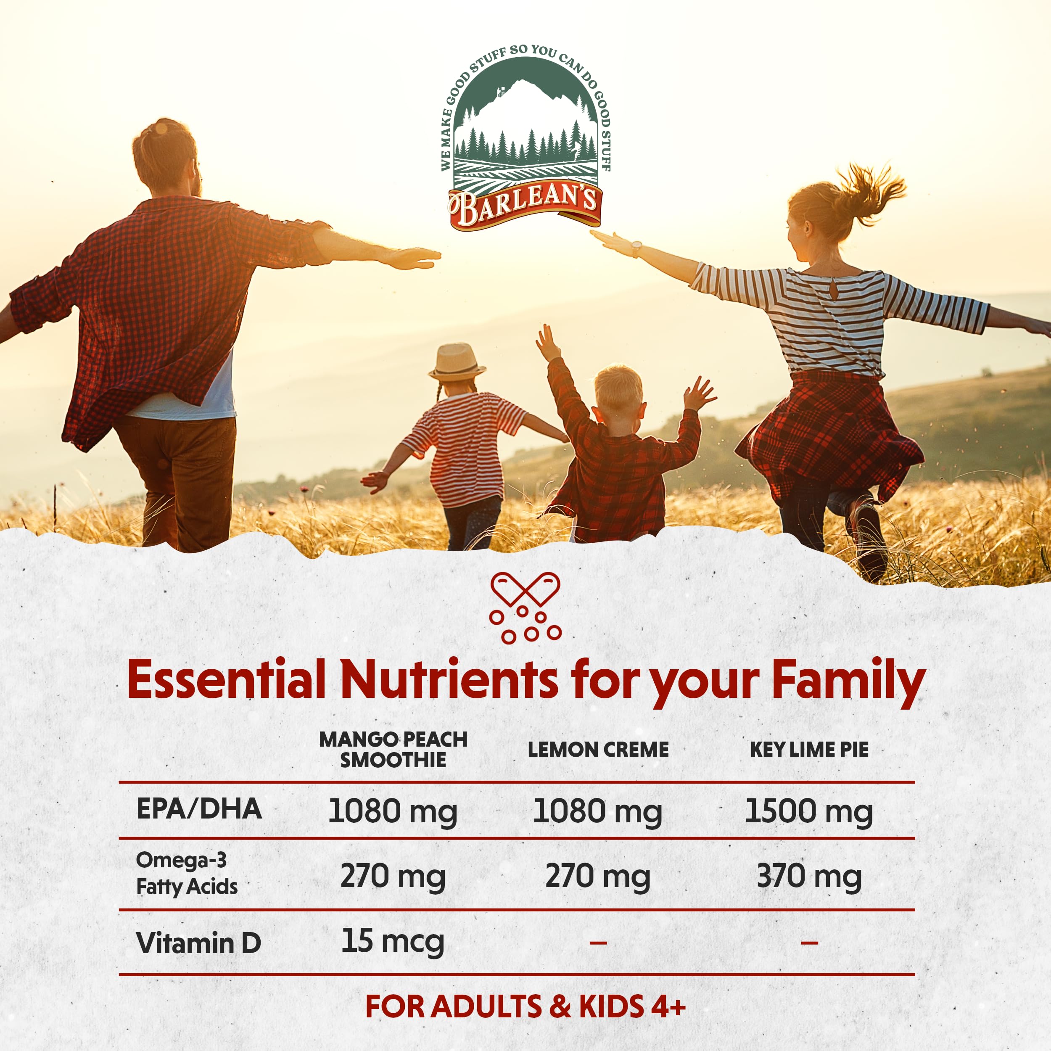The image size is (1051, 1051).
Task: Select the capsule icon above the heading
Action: [x=525, y=607]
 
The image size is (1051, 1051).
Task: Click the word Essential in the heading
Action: [x=226, y=680]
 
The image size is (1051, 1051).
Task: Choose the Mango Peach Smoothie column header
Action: [x=393, y=749]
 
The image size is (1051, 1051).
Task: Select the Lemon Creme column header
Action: [x=598, y=750]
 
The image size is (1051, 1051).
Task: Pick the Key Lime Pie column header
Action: [x=809, y=750]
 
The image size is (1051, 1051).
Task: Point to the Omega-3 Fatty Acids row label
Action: [x=187, y=873]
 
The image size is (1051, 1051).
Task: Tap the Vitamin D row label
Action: [x=198, y=943]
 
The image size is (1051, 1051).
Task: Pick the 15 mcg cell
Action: [x=393, y=942]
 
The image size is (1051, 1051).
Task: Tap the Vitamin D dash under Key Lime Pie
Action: [x=809, y=942]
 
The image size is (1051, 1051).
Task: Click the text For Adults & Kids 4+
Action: [x=525, y=1006]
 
